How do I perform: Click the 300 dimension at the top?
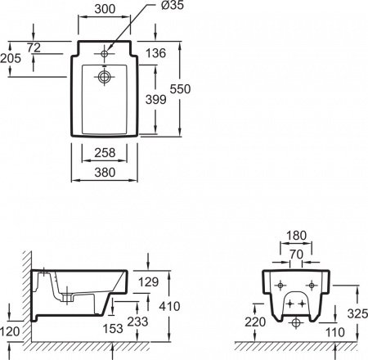coord(105,9)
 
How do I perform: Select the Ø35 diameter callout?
coord(173,5)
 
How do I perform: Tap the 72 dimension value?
coord(34,47)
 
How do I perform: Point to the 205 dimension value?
coord(11,58)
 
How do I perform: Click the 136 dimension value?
coord(155,53)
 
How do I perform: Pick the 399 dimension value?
coord(155,100)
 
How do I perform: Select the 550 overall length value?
coord(180,89)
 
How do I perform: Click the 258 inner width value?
coord(105,153)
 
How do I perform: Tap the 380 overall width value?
coord(105,173)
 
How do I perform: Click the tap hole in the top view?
coord(105,54)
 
